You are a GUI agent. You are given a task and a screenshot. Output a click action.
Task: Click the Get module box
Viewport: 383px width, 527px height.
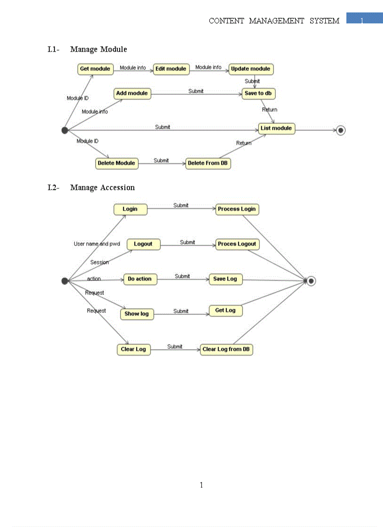pyautogui.click(x=95, y=69)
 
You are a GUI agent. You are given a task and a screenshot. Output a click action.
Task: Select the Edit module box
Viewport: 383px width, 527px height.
pyautogui.click(x=171, y=69)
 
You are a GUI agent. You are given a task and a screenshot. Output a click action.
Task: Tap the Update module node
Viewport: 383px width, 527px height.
pyautogui.click(x=251, y=69)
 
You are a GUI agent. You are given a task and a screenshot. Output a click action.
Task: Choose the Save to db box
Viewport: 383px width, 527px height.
pyautogui.click(x=258, y=93)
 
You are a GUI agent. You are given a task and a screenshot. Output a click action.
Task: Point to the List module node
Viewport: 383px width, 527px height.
pyautogui.click(x=276, y=128)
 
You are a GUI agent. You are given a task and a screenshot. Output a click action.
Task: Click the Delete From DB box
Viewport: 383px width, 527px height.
pyautogui.click(x=208, y=163)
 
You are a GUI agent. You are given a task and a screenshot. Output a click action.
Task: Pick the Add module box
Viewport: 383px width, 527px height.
pyautogui.click(x=132, y=93)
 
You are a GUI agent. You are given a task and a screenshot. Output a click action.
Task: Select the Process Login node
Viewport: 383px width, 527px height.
pyautogui.click(x=237, y=209)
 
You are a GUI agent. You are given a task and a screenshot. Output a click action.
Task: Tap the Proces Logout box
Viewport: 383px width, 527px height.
pyautogui.click(x=237, y=244)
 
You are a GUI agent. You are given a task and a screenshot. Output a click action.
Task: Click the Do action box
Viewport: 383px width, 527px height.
pyautogui.click(x=140, y=279)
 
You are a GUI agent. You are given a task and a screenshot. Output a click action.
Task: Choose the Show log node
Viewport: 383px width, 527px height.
pyautogui.click(x=137, y=314)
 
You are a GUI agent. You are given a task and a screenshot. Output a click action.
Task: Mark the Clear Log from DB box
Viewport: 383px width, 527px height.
pyautogui.click(x=226, y=350)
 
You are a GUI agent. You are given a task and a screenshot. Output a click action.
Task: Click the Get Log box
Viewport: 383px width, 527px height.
pyautogui.click(x=225, y=311)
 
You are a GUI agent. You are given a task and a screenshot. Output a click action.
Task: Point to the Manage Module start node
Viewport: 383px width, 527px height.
pyautogui.click(x=65, y=130)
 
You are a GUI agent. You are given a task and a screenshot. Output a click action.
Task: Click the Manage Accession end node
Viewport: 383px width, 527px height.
pyautogui.click(x=311, y=281)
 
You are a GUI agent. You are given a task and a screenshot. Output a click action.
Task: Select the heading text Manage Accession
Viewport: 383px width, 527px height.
pyautogui.click(x=102, y=188)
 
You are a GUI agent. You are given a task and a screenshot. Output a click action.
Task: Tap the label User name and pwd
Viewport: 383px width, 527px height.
pyautogui.click(x=97, y=244)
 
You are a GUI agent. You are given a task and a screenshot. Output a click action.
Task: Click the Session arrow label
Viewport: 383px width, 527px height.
pyautogui.click(x=100, y=262)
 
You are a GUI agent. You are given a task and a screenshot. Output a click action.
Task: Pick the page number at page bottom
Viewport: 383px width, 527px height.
pyautogui.click(x=201, y=485)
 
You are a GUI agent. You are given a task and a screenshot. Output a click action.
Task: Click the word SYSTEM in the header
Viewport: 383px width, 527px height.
pyautogui.click(x=324, y=21)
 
